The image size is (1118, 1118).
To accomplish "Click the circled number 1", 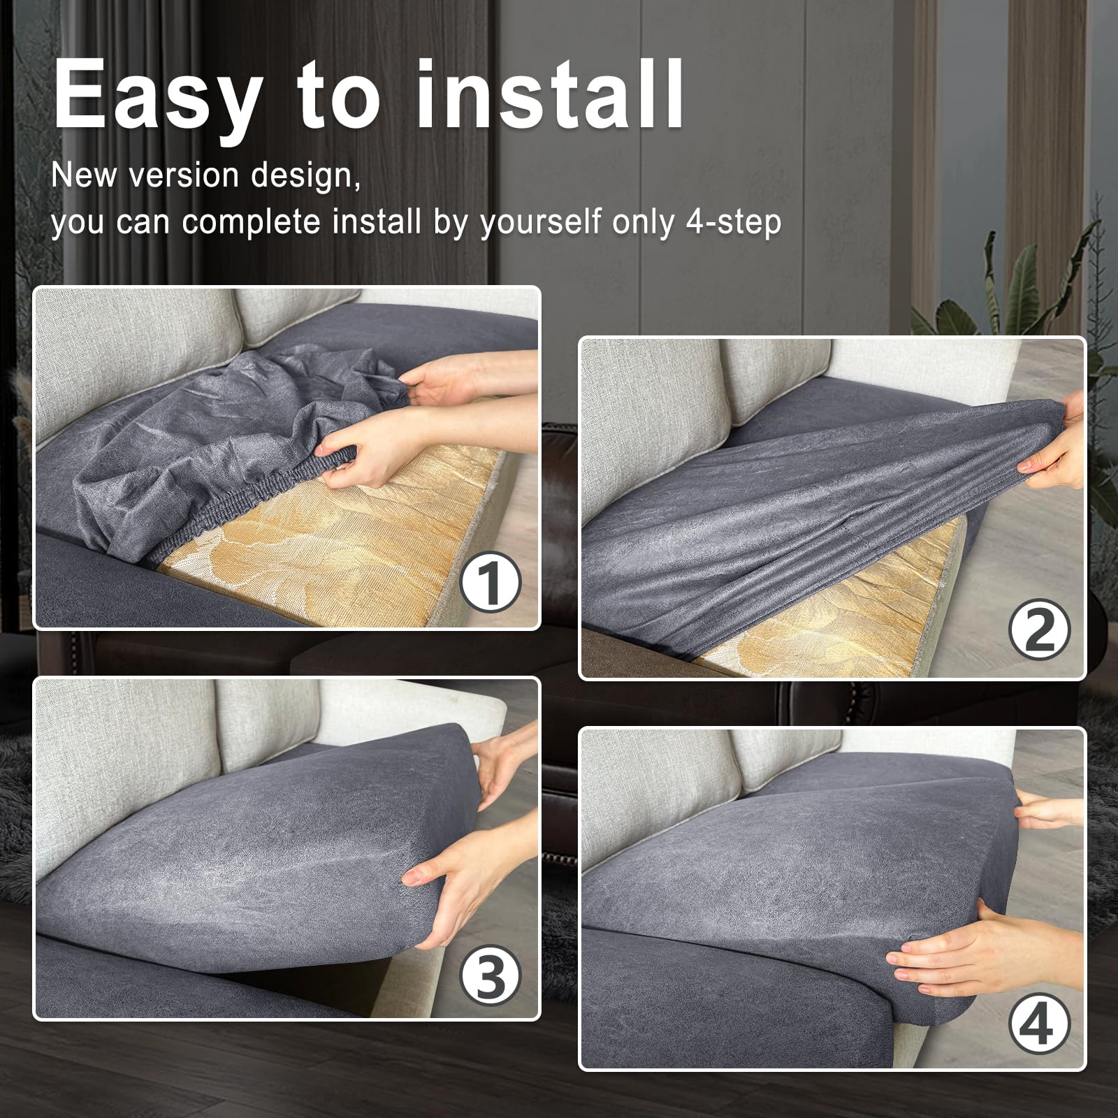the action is [x=491, y=583].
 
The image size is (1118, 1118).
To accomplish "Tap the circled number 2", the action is [x=1040, y=631].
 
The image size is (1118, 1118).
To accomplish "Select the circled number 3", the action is [x=491, y=975].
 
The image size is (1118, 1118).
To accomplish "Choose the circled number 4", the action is [x=1040, y=1024].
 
